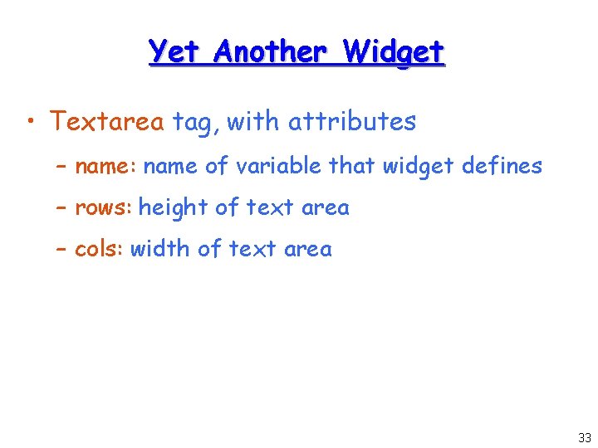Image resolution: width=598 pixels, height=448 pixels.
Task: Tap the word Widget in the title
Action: [x=395, y=52]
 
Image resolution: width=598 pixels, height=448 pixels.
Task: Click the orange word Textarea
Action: [x=106, y=122]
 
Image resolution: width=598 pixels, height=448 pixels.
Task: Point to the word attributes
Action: [x=351, y=122]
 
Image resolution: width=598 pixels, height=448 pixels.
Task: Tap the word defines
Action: [x=502, y=166]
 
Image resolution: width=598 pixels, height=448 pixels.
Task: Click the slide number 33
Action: [x=585, y=438]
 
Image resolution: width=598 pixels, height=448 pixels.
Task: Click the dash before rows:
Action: [x=61, y=207]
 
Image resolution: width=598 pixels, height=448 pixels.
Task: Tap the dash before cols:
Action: [x=61, y=249]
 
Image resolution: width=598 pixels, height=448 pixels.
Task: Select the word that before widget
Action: [x=352, y=166]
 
